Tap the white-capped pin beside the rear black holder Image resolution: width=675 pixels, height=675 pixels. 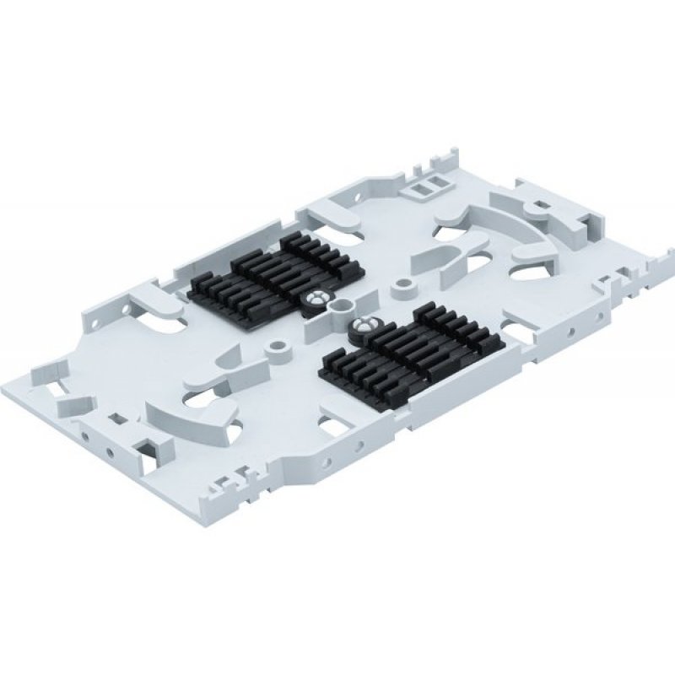(x=317, y=298)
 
